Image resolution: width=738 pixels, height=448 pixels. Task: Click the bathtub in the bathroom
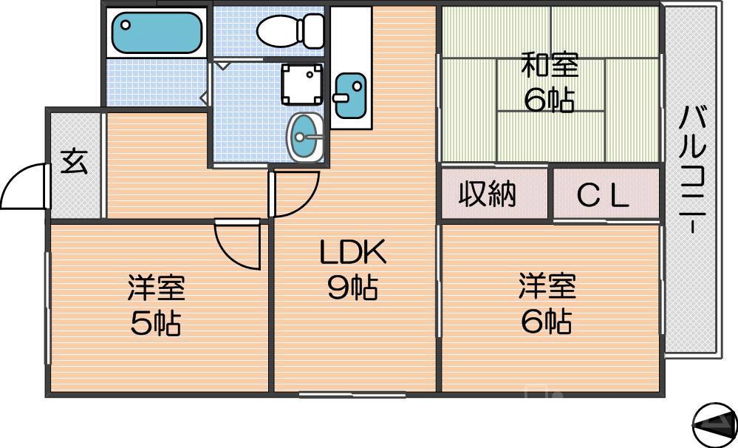point(157,32)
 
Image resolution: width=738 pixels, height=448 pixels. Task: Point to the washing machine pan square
point(301,84)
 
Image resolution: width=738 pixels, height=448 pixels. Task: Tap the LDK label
point(352,254)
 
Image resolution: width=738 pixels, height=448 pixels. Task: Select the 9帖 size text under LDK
point(352,288)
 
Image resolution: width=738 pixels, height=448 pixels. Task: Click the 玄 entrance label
point(73,162)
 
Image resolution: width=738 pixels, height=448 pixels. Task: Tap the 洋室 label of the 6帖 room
point(547,286)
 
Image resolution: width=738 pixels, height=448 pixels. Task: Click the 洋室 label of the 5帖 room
point(156,288)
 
